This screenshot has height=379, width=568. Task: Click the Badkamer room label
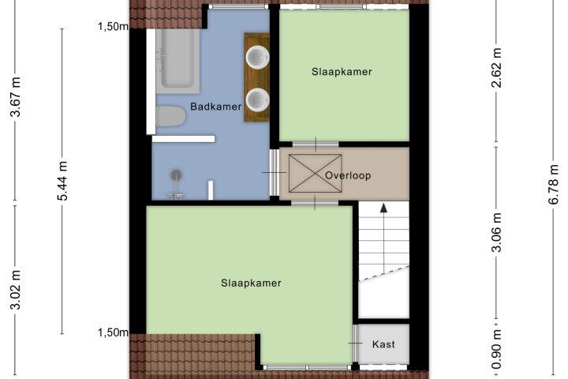click(216, 107)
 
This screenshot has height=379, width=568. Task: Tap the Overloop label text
click(348, 175)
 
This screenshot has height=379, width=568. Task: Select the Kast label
click(383, 343)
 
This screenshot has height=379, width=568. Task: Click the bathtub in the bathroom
click(177, 61)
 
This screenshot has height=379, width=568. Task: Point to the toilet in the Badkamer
click(170, 116)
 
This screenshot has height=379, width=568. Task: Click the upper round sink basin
click(257, 57)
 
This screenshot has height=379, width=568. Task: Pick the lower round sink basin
click(257, 99)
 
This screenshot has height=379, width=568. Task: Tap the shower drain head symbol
click(177, 174)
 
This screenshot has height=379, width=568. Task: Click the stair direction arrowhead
click(383, 208)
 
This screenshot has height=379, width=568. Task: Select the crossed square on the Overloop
click(315, 174)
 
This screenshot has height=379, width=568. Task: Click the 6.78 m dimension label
click(555, 184)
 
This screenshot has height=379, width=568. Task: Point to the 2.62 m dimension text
click(497, 67)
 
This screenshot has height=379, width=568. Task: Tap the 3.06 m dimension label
click(497, 232)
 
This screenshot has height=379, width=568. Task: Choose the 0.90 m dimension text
click(497, 348)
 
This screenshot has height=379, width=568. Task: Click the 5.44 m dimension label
click(62, 181)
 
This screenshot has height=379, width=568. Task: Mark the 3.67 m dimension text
click(16, 96)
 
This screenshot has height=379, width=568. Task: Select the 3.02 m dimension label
click(16, 290)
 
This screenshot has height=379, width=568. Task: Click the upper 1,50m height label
click(113, 26)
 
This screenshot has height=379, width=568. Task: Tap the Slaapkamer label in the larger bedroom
click(251, 283)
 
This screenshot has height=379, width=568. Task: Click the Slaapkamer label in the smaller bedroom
click(342, 71)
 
